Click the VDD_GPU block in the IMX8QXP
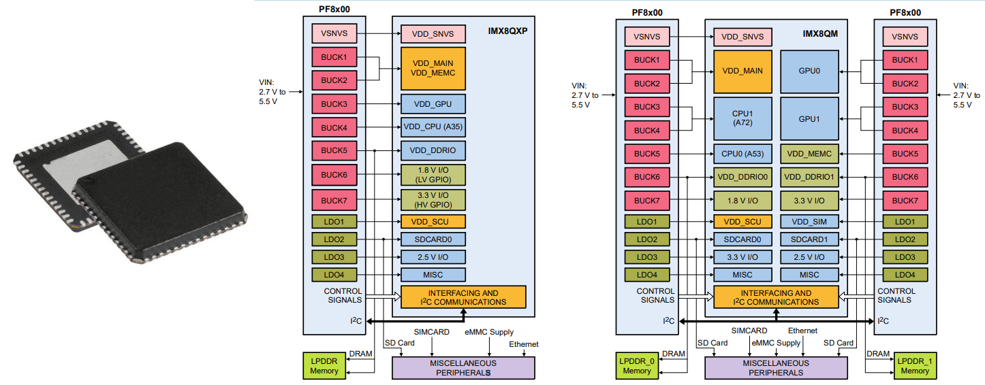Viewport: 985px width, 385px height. (x=433, y=104)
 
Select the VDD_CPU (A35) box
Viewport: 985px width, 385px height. (x=433, y=127)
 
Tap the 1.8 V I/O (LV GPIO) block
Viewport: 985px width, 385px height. (x=433, y=175)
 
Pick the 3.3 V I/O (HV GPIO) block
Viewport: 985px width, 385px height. (x=433, y=200)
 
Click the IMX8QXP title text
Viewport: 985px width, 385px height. (x=507, y=31)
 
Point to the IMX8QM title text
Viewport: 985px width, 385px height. (x=820, y=33)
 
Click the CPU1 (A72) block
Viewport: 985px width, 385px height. (x=742, y=118)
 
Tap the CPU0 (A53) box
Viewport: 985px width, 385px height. (x=742, y=154)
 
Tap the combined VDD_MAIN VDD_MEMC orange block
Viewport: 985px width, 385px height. (x=433, y=68)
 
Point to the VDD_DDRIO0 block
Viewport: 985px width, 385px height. (x=742, y=177)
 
